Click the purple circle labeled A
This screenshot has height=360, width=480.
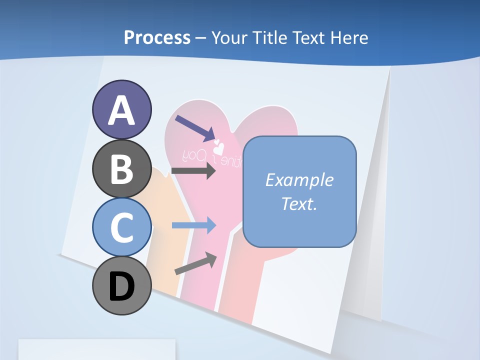click(121, 109)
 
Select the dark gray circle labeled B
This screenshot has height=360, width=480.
click(121, 169)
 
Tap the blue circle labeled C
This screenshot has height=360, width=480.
click(121, 227)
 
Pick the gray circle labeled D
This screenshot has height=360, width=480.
click(121, 285)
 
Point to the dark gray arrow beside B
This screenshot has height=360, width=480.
click(193, 171)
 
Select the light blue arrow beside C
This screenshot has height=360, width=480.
click(193, 225)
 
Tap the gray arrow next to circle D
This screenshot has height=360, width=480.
click(195, 263)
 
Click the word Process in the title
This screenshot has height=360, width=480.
click(157, 37)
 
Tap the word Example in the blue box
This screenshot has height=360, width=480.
click(299, 180)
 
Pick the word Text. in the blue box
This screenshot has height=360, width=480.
click(299, 203)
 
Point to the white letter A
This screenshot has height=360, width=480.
click(121, 110)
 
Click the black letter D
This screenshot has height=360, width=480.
click(121, 286)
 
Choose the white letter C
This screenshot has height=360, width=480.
click(121, 227)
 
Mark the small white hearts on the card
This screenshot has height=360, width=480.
click(219, 146)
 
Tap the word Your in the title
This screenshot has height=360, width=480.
click(230, 38)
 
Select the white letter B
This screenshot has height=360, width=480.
click(121, 169)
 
